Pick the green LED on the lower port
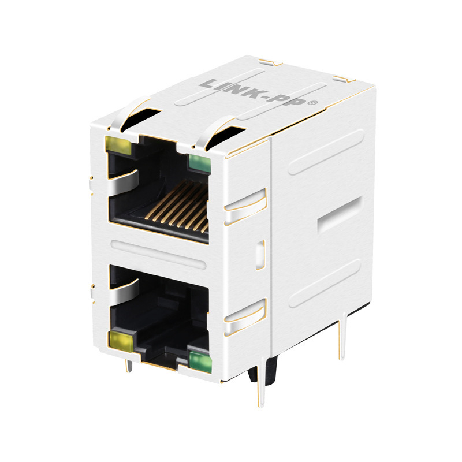click(x=200, y=361)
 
